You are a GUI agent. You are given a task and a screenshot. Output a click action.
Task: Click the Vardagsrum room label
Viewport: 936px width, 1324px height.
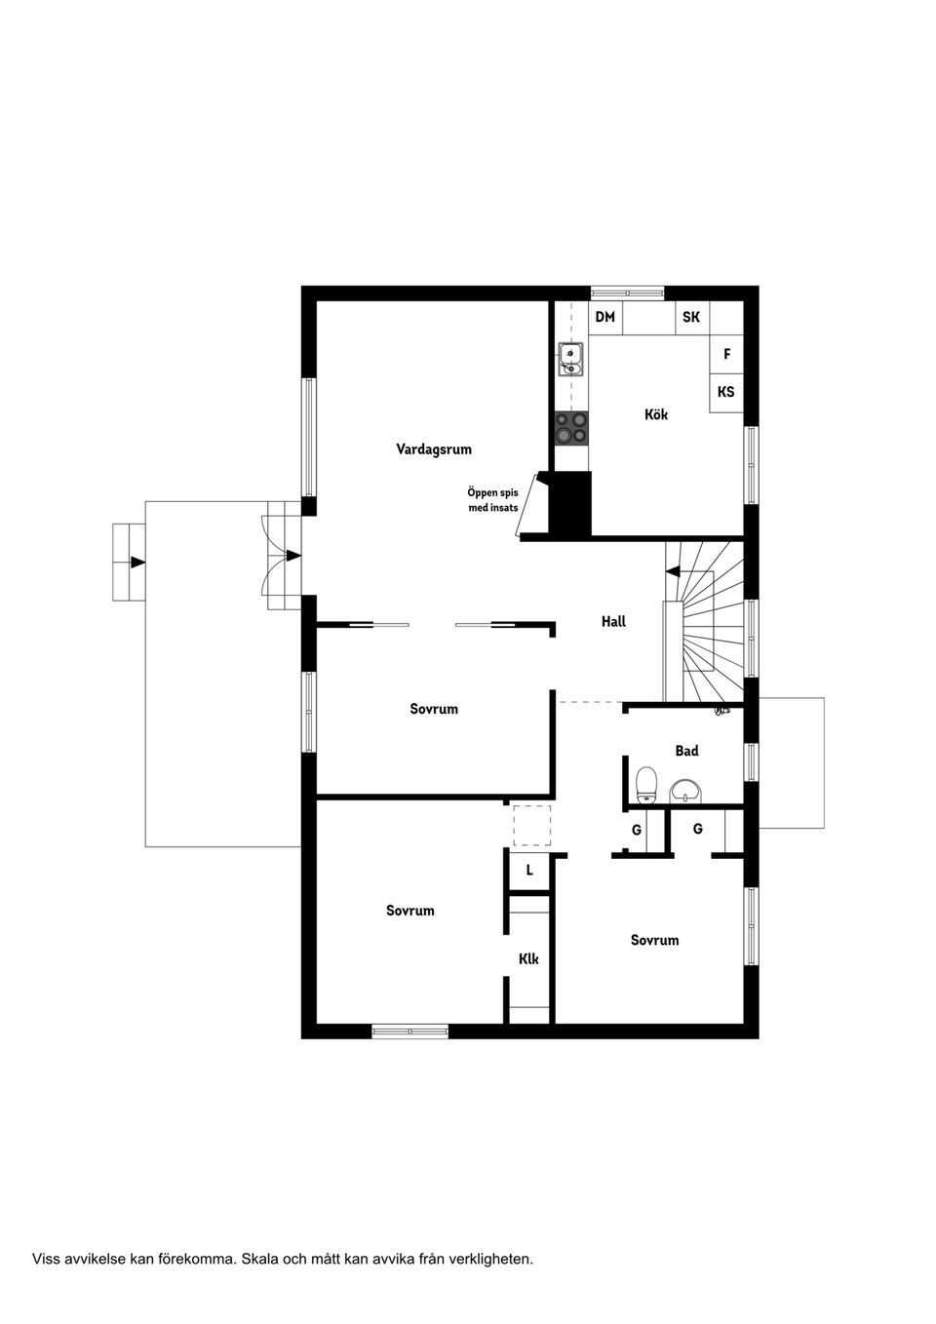pyautogui.click(x=434, y=449)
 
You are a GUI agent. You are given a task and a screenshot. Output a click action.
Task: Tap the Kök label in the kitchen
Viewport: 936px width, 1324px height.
pyautogui.click(x=656, y=414)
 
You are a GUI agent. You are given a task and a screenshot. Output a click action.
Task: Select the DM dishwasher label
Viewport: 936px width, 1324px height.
pyautogui.click(x=604, y=317)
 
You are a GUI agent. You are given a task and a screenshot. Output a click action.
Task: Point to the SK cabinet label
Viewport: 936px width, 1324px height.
pyautogui.click(x=691, y=317)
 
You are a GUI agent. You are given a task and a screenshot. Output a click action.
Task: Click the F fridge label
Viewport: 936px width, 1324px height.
pyautogui.click(x=726, y=355)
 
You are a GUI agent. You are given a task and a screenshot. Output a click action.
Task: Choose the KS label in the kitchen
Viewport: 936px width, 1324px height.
pyautogui.click(x=725, y=392)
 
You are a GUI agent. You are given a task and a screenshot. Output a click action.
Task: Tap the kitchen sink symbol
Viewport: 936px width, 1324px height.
pyautogui.click(x=570, y=359)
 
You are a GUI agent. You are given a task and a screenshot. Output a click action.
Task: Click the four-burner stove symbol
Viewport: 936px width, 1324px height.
pyautogui.click(x=571, y=428)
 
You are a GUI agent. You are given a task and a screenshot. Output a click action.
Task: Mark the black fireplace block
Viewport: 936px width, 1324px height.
pyautogui.click(x=570, y=502)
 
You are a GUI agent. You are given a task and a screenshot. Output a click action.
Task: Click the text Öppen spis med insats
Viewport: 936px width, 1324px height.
pyautogui.click(x=493, y=500)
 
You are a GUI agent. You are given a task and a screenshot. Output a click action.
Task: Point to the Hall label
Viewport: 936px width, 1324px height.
pyautogui.click(x=613, y=621)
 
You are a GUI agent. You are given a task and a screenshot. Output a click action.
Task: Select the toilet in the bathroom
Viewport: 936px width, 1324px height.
pyautogui.click(x=646, y=784)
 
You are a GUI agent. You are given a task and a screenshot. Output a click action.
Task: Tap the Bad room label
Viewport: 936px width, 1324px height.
pyautogui.click(x=686, y=751)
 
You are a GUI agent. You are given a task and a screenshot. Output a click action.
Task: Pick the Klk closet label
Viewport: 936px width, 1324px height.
pyautogui.click(x=528, y=959)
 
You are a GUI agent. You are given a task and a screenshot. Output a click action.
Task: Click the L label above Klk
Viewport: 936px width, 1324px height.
pyautogui.click(x=529, y=870)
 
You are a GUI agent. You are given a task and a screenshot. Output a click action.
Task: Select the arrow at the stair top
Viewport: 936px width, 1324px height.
pyautogui.click(x=673, y=571)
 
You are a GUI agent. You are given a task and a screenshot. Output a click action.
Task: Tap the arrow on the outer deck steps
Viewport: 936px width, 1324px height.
pyautogui.click(x=137, y=563)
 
